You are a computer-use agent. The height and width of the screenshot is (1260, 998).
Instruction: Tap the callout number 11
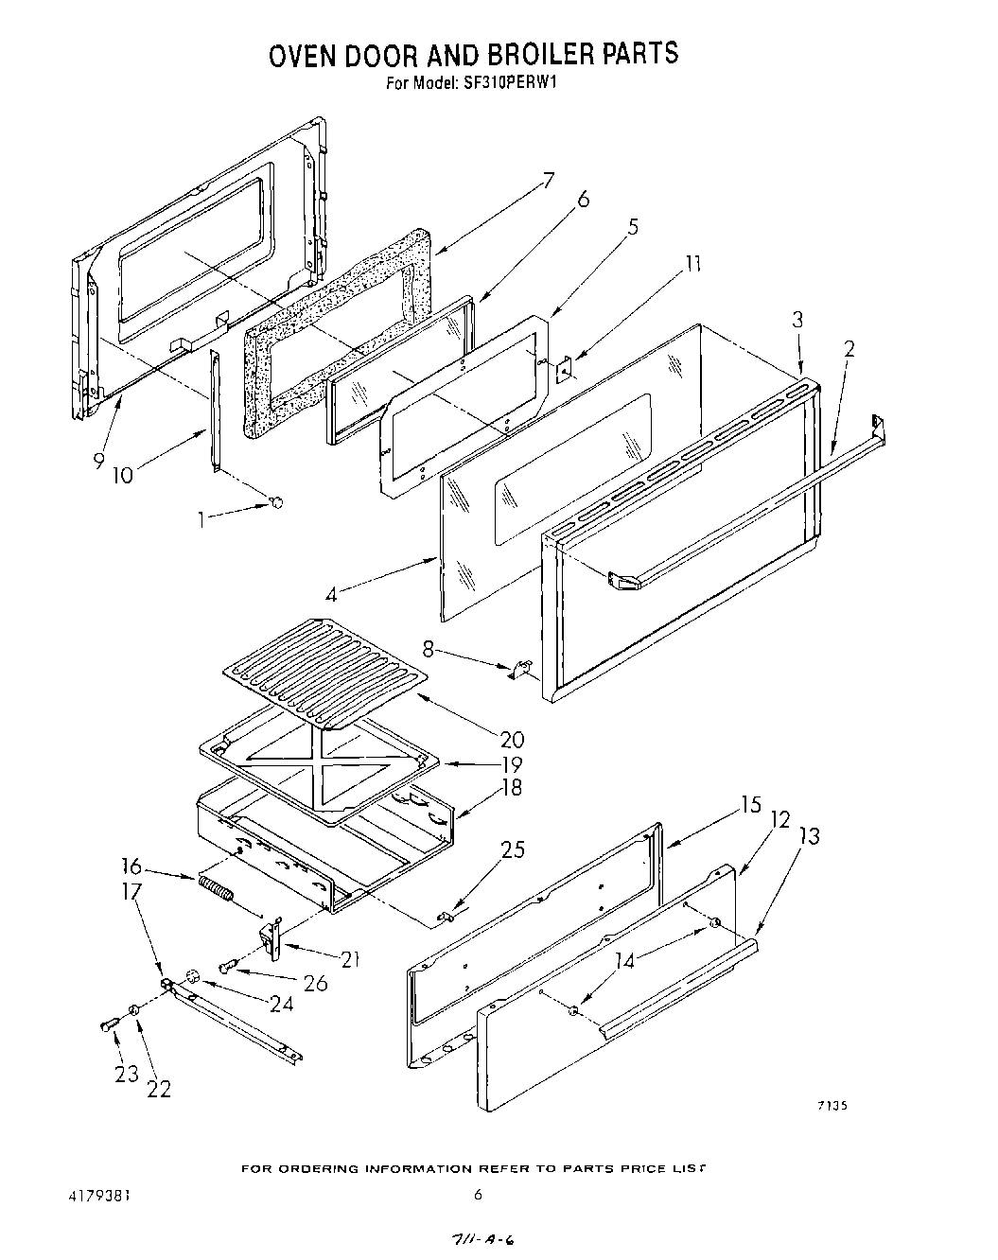tap(693, 264)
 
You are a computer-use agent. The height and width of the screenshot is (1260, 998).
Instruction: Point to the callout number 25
tap(513, 849)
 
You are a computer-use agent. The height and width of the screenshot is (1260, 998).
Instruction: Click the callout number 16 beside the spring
tap(132, 866)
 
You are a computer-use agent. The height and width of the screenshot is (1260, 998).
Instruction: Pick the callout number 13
tap(810, 835)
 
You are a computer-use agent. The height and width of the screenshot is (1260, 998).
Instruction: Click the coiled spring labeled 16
tap(217, 890)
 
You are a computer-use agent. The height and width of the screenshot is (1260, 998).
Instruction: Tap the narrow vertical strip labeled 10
tap(215, 409)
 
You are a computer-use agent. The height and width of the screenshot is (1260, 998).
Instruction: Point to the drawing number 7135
tap(829, 1105)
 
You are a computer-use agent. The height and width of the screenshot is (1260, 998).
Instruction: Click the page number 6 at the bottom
tap(478, 1195)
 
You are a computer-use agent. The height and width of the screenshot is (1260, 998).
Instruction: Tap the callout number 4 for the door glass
tap(330, 595)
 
